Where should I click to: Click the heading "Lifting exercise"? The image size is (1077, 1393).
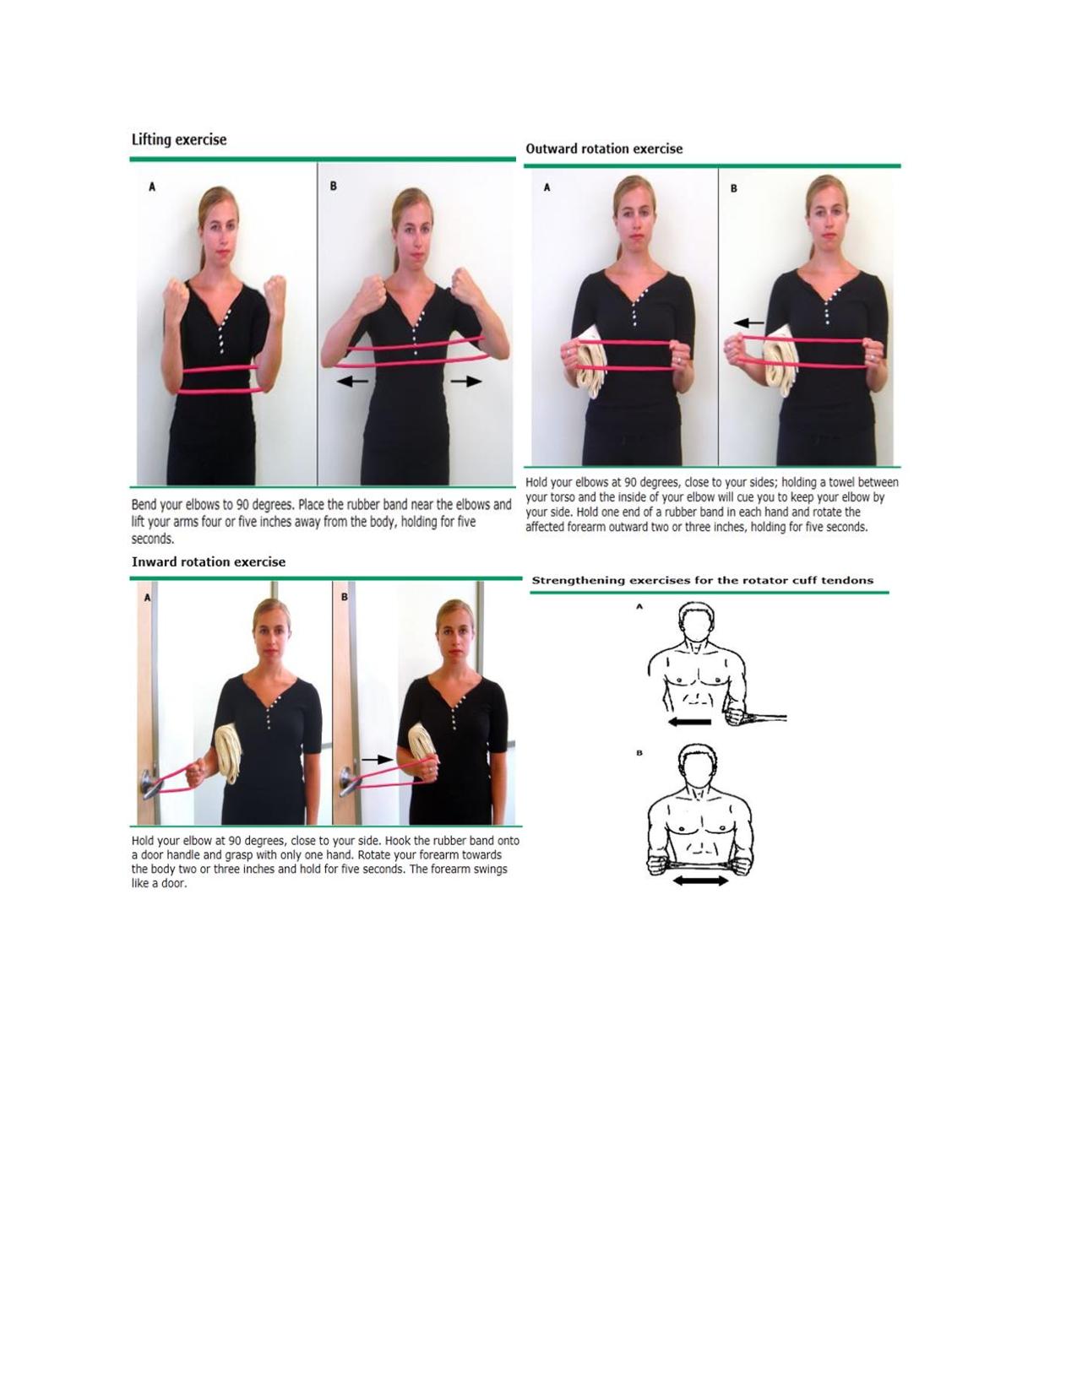point(178,140)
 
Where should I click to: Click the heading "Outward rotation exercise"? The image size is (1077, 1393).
point(604,149)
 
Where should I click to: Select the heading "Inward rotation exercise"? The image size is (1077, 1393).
point(209,562)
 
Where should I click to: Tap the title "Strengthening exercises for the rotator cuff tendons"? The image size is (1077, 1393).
point(703,580)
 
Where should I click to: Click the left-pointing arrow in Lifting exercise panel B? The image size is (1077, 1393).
point(352,382)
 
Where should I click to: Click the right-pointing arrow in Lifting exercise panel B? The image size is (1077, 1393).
point(465,382)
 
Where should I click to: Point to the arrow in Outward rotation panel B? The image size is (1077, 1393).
point(748,323)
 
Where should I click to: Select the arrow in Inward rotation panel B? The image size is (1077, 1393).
point(378,760)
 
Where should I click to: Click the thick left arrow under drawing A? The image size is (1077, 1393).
point(689,722)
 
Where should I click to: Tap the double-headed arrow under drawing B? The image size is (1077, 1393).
point(700,881)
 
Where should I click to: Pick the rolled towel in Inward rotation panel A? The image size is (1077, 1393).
point(228,754)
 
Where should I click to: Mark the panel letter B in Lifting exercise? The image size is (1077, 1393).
point(333,186)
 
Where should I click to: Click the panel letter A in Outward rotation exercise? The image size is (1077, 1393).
point(547,187)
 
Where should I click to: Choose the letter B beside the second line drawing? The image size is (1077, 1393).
point(639,752)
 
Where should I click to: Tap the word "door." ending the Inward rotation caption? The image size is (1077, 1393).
point(172,883)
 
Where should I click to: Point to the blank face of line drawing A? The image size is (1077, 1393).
point(696,626)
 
